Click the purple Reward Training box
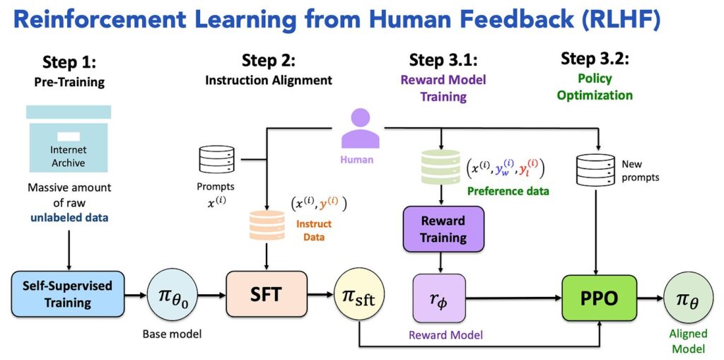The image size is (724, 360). click(x=443, y=229)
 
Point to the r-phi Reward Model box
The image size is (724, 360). click(x=438, y=297)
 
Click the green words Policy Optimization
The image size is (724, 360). click(x=595, y=86)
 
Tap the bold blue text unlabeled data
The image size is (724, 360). click(x=68, y=219)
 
